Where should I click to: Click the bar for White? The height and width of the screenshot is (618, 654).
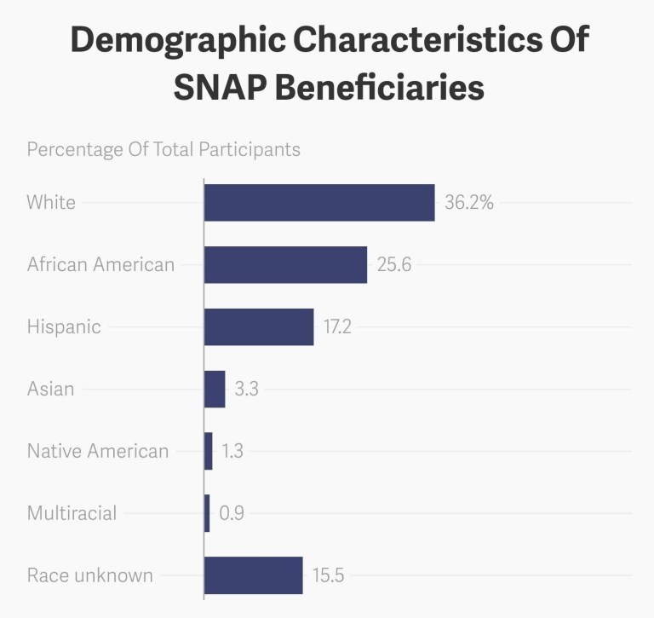point(319,203)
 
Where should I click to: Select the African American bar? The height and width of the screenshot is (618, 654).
point(285,265)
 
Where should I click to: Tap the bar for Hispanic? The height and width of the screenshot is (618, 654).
point(259,327)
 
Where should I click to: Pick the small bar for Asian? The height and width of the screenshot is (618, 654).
point(215,390)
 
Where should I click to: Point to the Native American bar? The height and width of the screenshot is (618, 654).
point(209,451)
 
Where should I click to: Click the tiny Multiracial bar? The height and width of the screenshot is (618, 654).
point(207,513)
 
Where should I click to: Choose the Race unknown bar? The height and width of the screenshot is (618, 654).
point(254,575)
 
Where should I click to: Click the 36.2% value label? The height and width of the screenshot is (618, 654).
point(469,203)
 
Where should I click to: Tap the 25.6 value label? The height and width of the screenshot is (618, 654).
point(394,265)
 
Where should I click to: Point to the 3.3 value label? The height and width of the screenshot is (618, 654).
point(246,390)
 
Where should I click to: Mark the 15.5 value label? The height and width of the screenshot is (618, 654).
point(328,575)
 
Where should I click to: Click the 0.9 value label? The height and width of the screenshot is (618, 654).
point(232,513)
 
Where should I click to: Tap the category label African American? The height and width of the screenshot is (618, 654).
point(100,264)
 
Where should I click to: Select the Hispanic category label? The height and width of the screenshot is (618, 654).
point(64,326)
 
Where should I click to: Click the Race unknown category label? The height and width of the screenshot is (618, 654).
point(90,575)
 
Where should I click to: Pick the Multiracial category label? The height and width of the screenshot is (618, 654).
point(72,513)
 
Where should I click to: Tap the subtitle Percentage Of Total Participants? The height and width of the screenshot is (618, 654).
point(163,149)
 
